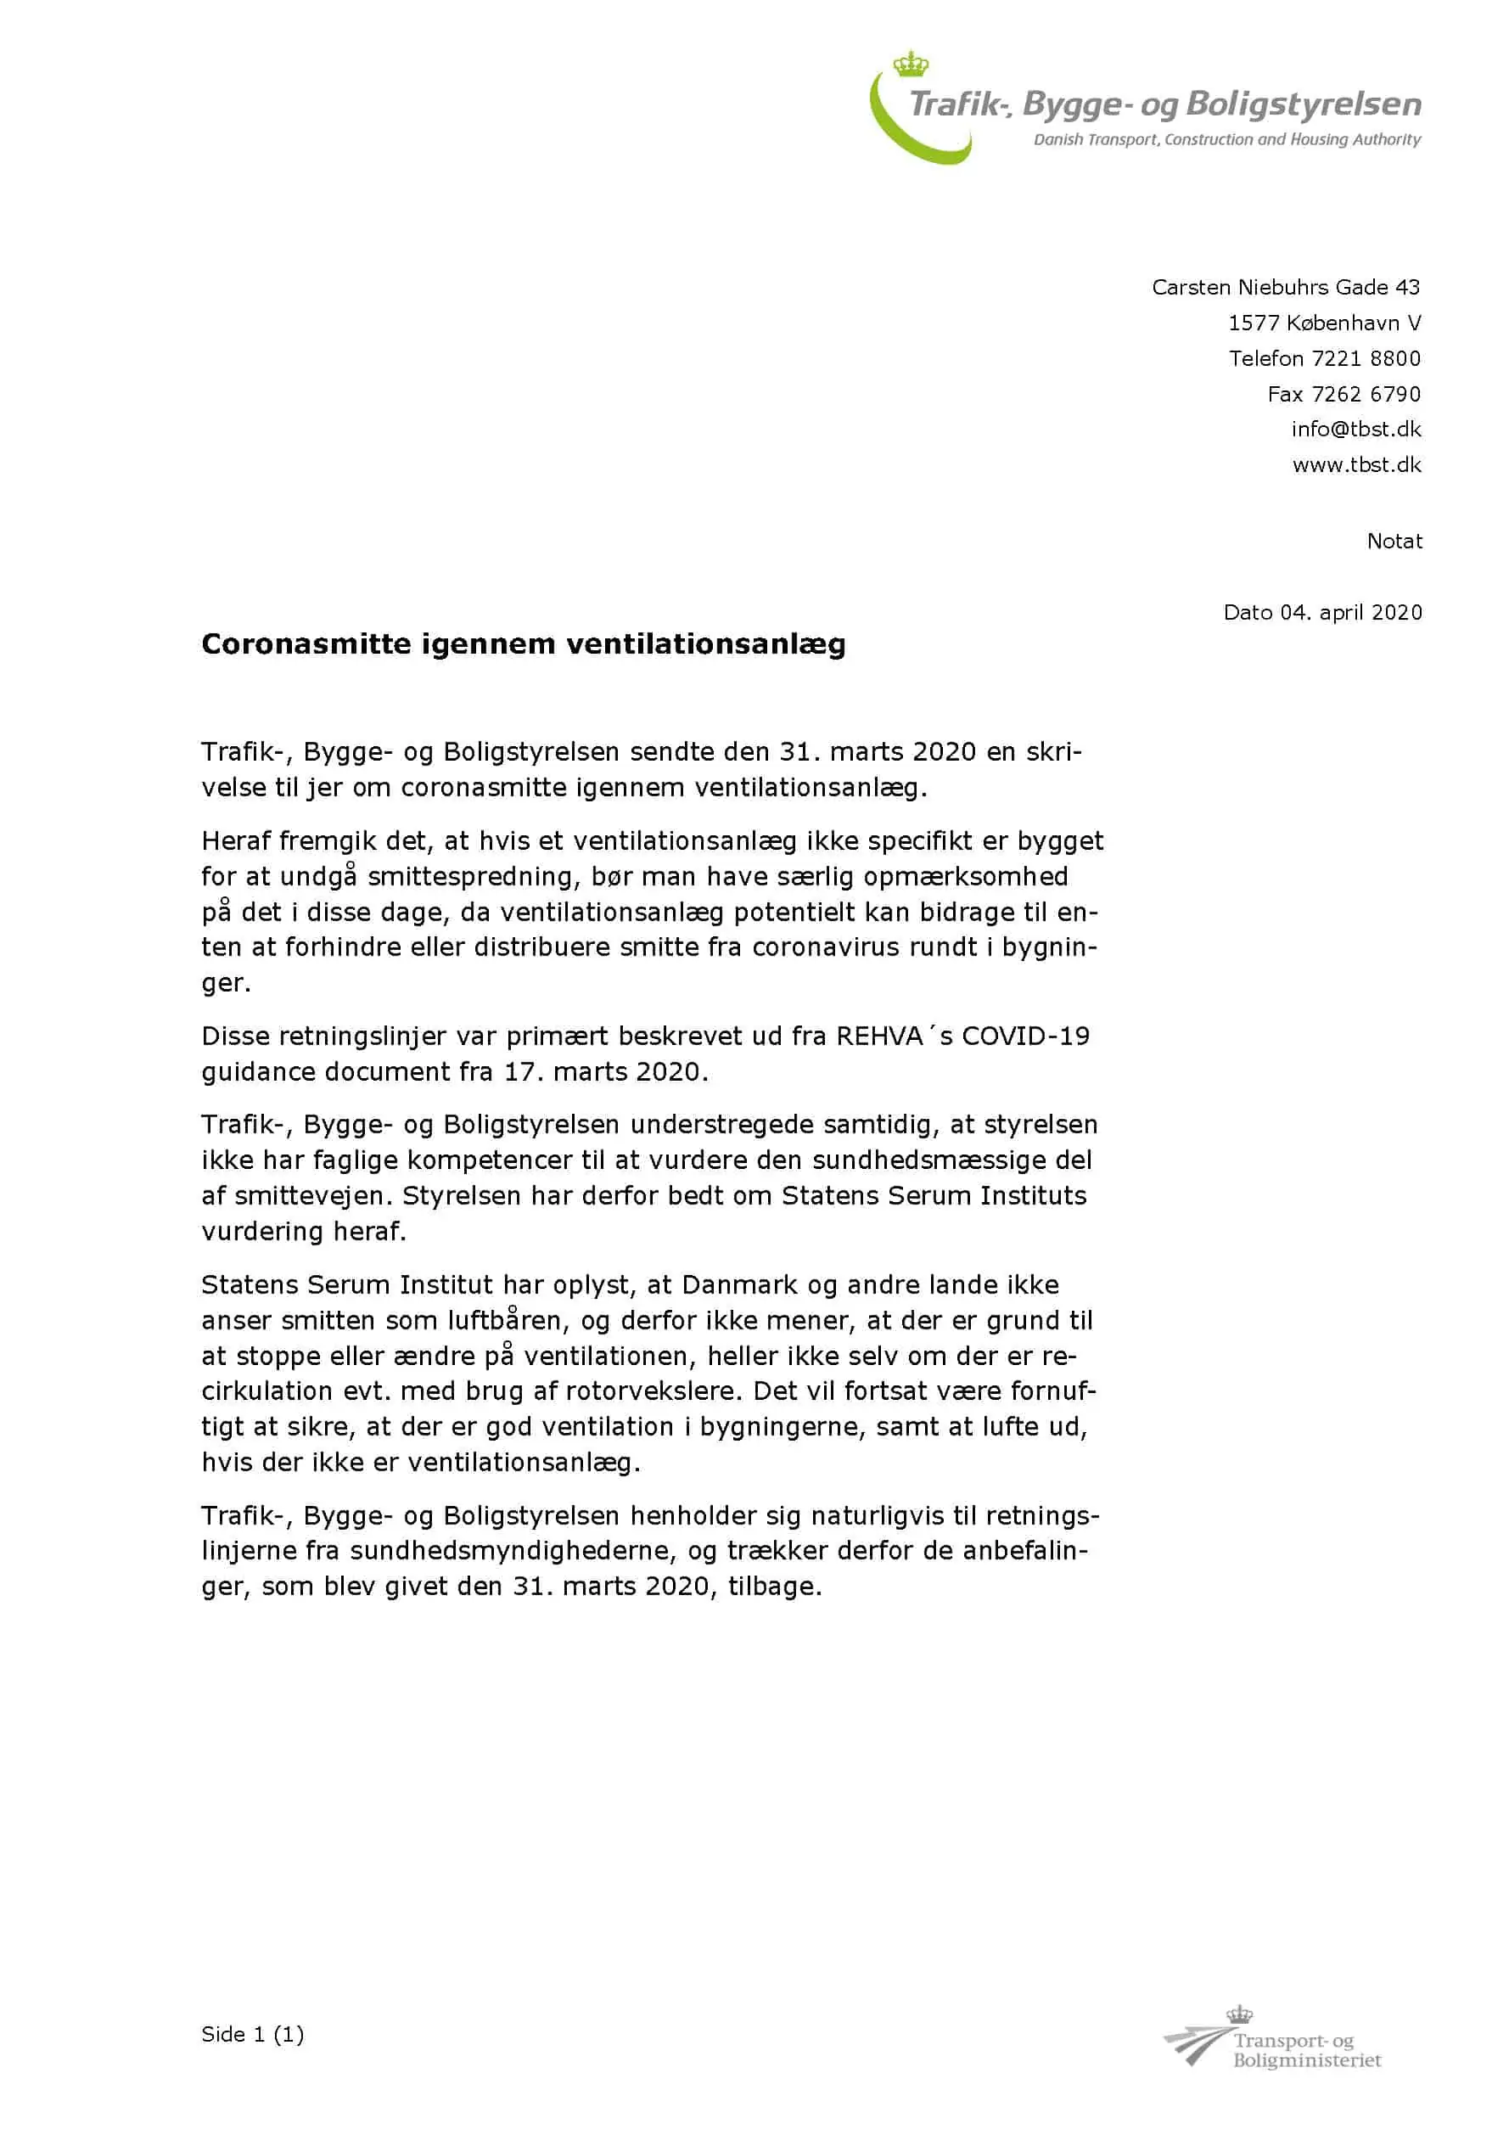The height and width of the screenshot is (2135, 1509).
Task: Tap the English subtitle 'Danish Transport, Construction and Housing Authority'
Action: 1226,139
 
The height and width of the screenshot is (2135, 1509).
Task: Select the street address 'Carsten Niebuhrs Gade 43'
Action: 1285,287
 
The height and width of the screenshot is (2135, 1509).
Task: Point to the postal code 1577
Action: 1254,323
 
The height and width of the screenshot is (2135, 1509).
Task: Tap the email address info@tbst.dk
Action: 1355,429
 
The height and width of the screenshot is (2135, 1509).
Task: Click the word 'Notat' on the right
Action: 1394,542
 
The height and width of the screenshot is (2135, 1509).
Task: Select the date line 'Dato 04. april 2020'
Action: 1322,612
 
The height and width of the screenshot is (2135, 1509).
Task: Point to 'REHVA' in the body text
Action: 878,1036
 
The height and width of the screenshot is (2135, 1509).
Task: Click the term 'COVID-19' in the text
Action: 1024,1036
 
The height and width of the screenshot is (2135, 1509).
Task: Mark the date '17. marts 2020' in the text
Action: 605,1071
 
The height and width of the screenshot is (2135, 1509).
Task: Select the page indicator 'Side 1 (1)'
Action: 252,2035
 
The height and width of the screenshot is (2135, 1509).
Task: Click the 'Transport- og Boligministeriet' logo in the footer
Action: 1274,2046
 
